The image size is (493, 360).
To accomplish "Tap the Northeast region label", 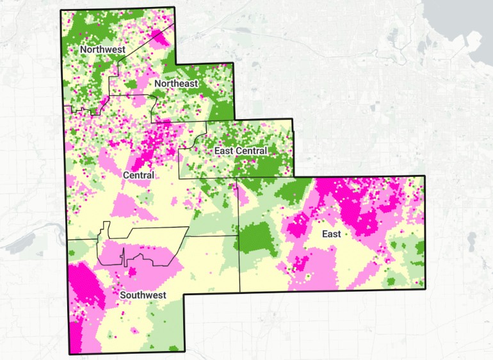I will coord(177,83).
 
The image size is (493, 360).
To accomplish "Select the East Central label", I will coord(239,151).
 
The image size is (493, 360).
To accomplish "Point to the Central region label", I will coord(138,175).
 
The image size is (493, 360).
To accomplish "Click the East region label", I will coord(331,234).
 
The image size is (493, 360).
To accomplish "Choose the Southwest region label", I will coord(143,295).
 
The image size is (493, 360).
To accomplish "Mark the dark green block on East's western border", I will coord(255,236).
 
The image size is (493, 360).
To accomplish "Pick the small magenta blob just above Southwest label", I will coord(133,272).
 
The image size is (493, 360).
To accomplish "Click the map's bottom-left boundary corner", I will coord(70,354).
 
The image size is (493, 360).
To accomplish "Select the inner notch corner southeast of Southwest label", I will coord(184,294).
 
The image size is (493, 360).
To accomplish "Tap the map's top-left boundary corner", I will coord(60,11).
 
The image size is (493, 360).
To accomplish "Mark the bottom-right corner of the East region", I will coord(425,289).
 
